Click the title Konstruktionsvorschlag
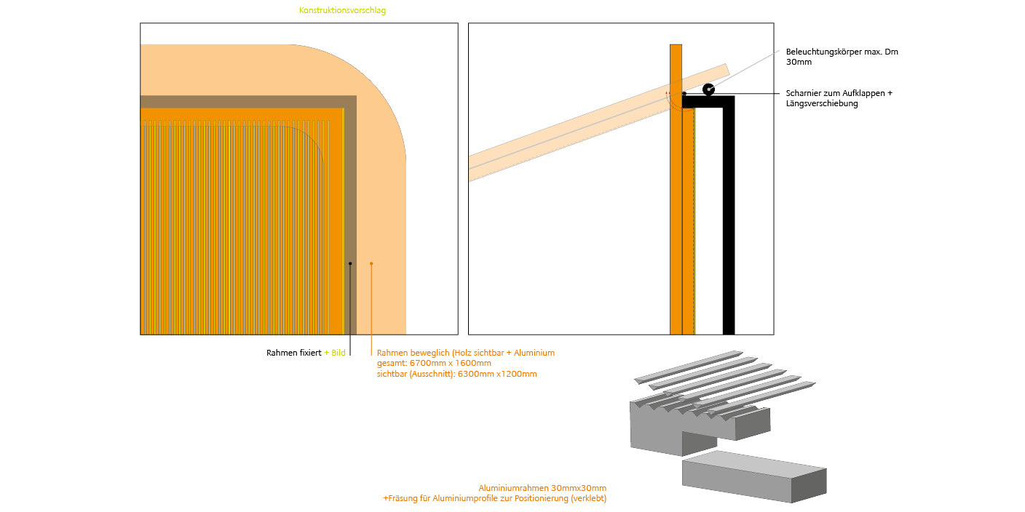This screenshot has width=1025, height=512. [342, 10]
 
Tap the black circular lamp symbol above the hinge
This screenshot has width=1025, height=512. [708, 89]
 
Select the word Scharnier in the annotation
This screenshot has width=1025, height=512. [803, 93]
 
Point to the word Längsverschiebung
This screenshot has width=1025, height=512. [822, 104]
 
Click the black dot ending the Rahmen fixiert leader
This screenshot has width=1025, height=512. [350, 264]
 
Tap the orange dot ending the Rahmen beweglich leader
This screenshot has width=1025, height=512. [371, 264]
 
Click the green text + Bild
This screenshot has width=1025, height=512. [334, 353]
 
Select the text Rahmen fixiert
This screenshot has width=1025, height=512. [294, 353]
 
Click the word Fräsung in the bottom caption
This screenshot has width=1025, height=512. [403, 499]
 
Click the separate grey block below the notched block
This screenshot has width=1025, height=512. [754, 476]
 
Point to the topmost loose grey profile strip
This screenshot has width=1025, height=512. [689, 367]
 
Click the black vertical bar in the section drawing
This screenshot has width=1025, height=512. [729, 215]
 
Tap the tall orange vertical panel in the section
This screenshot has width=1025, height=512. [676, 189]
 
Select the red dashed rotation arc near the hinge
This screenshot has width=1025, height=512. [675, 103]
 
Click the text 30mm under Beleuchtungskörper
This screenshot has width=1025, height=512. [799, 62]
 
